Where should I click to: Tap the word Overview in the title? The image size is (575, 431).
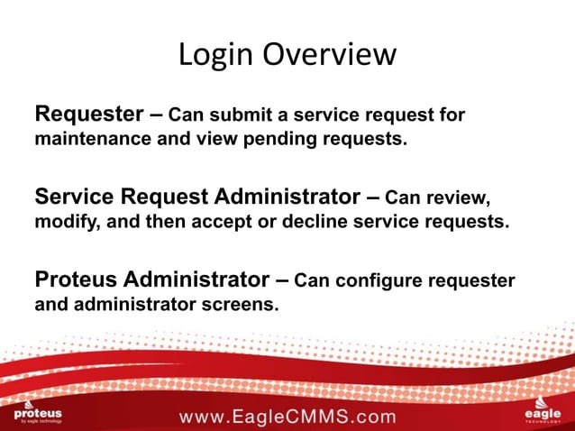329,55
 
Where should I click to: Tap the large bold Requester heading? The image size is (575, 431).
87,115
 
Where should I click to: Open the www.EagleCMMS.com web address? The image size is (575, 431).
287,417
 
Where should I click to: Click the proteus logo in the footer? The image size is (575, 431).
38,412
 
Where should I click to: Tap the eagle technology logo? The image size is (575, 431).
542,411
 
